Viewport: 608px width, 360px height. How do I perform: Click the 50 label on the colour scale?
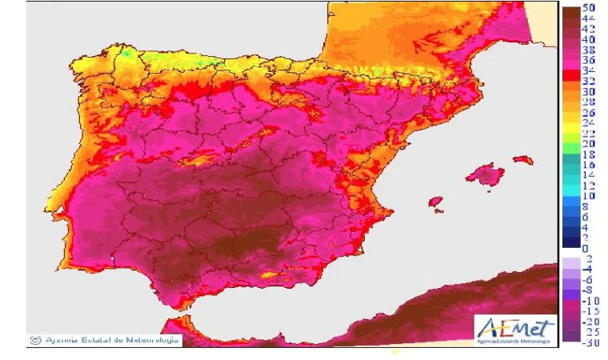[x=590, y=7]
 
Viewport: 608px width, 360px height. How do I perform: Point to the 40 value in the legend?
[x=590, y=38]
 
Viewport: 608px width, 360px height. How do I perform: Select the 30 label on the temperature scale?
[x=590, y=91]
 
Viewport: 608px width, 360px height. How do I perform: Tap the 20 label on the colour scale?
[x=590, y=143]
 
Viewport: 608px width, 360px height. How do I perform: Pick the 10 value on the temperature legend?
[x=590, y=196]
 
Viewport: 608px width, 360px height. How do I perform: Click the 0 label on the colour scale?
[x=586, y=249]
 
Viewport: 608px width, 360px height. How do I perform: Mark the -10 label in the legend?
[x=590, y=301]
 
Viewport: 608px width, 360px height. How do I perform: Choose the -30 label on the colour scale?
[x=590, y=343]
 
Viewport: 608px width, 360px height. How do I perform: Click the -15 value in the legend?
[x=590, y=311]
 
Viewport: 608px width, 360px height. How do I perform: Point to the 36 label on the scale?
[x=590, y=60]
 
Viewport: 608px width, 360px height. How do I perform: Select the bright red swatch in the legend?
[x=570, y=76]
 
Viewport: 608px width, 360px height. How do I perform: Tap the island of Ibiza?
[x=435, y=202]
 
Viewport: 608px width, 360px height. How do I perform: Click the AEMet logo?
[x=514, y=328]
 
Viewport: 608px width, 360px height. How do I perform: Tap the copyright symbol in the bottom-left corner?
[x=34, y=340]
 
